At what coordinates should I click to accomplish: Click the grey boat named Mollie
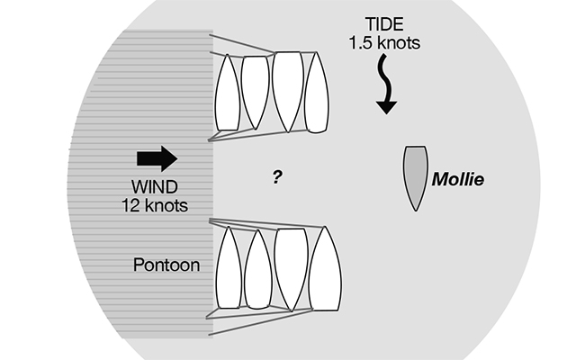click(x=414, y=176)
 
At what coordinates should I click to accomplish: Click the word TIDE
click(x=385, y=24)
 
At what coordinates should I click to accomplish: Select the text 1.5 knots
click(x=385, y=42)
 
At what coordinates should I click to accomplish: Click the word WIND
click(x=154, y=188)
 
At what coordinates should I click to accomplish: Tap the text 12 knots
click(x=154, y=205)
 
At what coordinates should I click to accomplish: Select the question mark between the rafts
click(x=278, y=176)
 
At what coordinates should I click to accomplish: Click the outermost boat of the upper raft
click(x=317, y=92)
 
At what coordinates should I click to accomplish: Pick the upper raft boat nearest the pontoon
click(x=228, y=94)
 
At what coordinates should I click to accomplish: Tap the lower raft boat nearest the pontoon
click(x=229, y=268)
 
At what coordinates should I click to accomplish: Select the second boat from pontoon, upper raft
click(x=256, y=92)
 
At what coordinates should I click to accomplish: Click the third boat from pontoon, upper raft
click(x=287, y=90)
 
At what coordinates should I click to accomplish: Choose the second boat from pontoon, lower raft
click(x=258, y=268)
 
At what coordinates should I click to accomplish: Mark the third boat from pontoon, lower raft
click(x=291, y=266)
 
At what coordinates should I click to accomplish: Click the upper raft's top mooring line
click(x=243, y=44)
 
